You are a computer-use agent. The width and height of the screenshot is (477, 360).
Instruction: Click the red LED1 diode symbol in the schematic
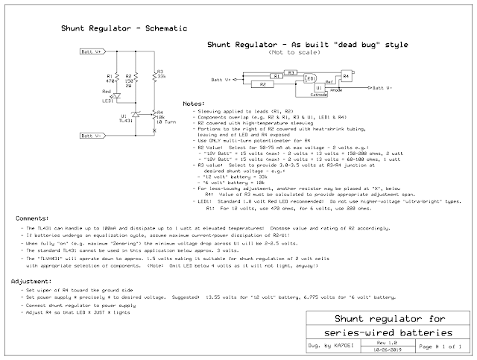point(116,95)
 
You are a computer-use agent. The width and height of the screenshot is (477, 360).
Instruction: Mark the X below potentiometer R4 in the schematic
point(154,130)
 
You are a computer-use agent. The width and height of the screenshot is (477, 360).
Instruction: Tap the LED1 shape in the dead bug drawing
point(310,78)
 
